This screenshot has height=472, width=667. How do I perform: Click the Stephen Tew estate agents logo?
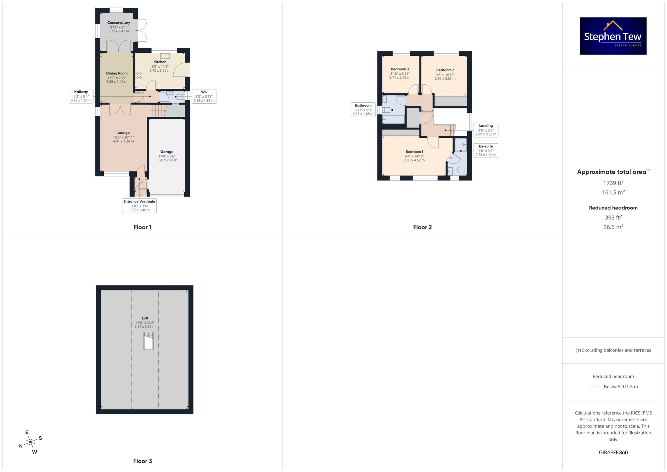point(613,36)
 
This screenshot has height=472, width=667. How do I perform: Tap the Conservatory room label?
point(119,23)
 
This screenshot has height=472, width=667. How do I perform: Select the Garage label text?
point(167,152)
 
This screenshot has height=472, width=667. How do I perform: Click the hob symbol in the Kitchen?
point(139,75)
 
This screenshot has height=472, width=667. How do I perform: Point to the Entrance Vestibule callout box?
point(139,205)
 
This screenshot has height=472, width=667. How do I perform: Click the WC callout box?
point(204,96)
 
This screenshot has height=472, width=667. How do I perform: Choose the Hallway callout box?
point(81,96)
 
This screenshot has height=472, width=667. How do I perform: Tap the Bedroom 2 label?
point(445,70)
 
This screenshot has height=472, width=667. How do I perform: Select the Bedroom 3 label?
point(400,69)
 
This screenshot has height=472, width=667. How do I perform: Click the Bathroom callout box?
point(363,109)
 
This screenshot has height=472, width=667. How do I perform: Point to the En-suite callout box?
point(486,150)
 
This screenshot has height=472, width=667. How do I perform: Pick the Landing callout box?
point(486,130)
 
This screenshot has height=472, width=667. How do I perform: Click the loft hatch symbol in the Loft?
point(148,341)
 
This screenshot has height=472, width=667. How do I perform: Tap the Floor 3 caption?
point(142,461)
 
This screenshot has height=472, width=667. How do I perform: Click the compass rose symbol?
point(31,442)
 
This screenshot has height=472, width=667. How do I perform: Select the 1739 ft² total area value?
point(613,183)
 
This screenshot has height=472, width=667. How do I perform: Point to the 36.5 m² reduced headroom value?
point(613,227)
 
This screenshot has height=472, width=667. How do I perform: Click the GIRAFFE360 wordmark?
point(613,452)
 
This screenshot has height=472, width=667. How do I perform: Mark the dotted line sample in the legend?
point(594,387)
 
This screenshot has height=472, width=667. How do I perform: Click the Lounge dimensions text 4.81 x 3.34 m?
point(123,141)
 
